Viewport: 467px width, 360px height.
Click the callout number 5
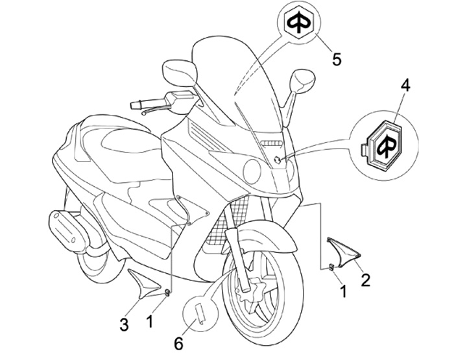(336, 59)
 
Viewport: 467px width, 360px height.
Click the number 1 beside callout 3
(150, 320)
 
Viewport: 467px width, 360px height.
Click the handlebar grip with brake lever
(150, 104)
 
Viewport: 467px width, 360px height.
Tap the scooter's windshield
(240, 84)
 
